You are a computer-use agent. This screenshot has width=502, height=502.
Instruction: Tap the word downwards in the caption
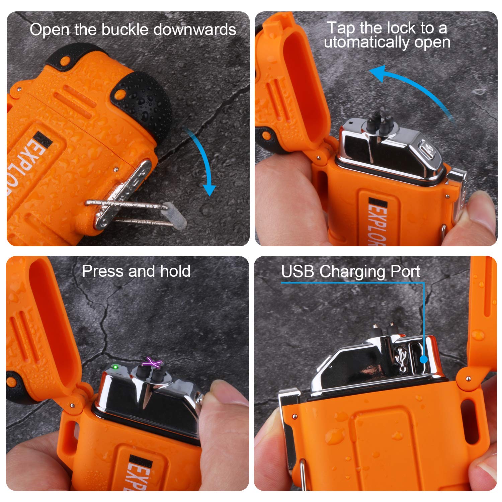tap(195, 30)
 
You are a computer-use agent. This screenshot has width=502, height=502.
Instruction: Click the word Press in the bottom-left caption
tap(103, 271)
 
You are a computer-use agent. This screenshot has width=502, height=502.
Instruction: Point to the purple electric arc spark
tap(152, 362)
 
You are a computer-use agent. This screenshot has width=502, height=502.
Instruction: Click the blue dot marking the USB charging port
tap(424, 359)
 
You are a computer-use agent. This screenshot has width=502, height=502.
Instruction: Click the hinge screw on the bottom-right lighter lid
tap(468, 379)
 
